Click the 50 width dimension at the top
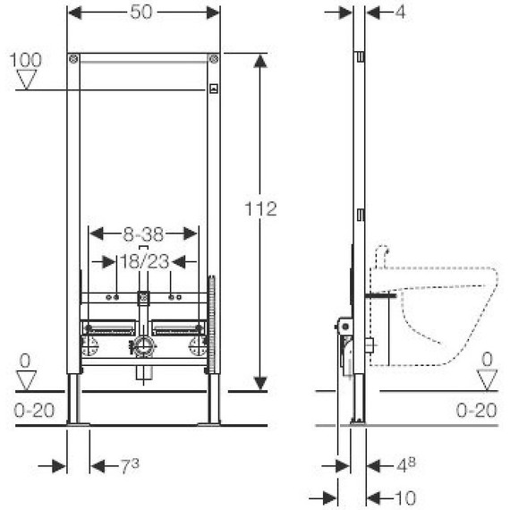tap(141, 13)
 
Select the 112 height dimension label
tap(260, 208)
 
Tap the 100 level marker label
tap(26, 60)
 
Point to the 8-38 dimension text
tap(143, 234)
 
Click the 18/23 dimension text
tap(145, 261)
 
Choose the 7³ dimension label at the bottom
tap(130, 466)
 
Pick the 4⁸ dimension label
tap(406, 465)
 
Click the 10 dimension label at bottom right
tap(405, 497)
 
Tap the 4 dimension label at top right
tap(400, 13)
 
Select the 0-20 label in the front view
tap(34, 411)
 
